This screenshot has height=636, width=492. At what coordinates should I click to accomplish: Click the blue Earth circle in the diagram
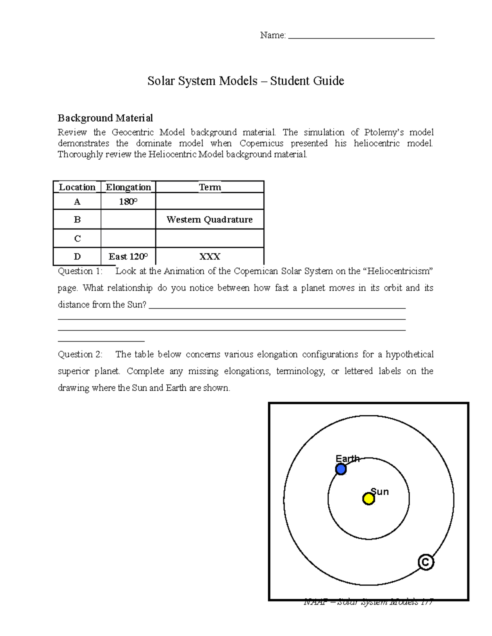coord(341,469)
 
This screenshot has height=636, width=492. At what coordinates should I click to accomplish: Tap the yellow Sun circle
coord(369,499)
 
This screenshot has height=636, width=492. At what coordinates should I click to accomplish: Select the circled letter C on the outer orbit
coord(426,562)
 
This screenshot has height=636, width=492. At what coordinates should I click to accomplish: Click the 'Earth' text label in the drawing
coord(347,459)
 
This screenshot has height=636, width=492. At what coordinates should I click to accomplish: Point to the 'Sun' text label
coord(380,492)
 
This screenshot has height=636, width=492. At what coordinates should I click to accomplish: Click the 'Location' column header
coord(77,187)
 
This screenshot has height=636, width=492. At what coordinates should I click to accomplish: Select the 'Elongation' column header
coord(128,187)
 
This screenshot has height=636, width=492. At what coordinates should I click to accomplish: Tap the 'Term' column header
coord(210,187)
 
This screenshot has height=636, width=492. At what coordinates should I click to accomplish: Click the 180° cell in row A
coord(128,201)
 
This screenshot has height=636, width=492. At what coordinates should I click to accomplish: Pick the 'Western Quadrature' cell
coord(210,220)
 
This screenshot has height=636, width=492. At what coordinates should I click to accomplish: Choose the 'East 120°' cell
coord(128,257)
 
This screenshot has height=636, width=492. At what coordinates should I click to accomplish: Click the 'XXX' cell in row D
coord(210,257)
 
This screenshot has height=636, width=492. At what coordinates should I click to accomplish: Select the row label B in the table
coord(77,220)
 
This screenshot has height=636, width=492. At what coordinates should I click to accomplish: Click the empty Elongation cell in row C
coord(128,238)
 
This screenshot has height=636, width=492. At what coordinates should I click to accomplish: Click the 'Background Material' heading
coord(105,118)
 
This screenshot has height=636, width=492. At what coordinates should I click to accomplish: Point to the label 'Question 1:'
coord(80,271)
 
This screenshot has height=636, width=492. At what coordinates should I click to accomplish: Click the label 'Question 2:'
coord(80,354)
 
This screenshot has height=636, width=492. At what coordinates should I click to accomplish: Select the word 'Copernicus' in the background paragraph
coord(262,143)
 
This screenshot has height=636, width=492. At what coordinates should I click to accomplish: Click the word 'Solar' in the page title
coord(161,81)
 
